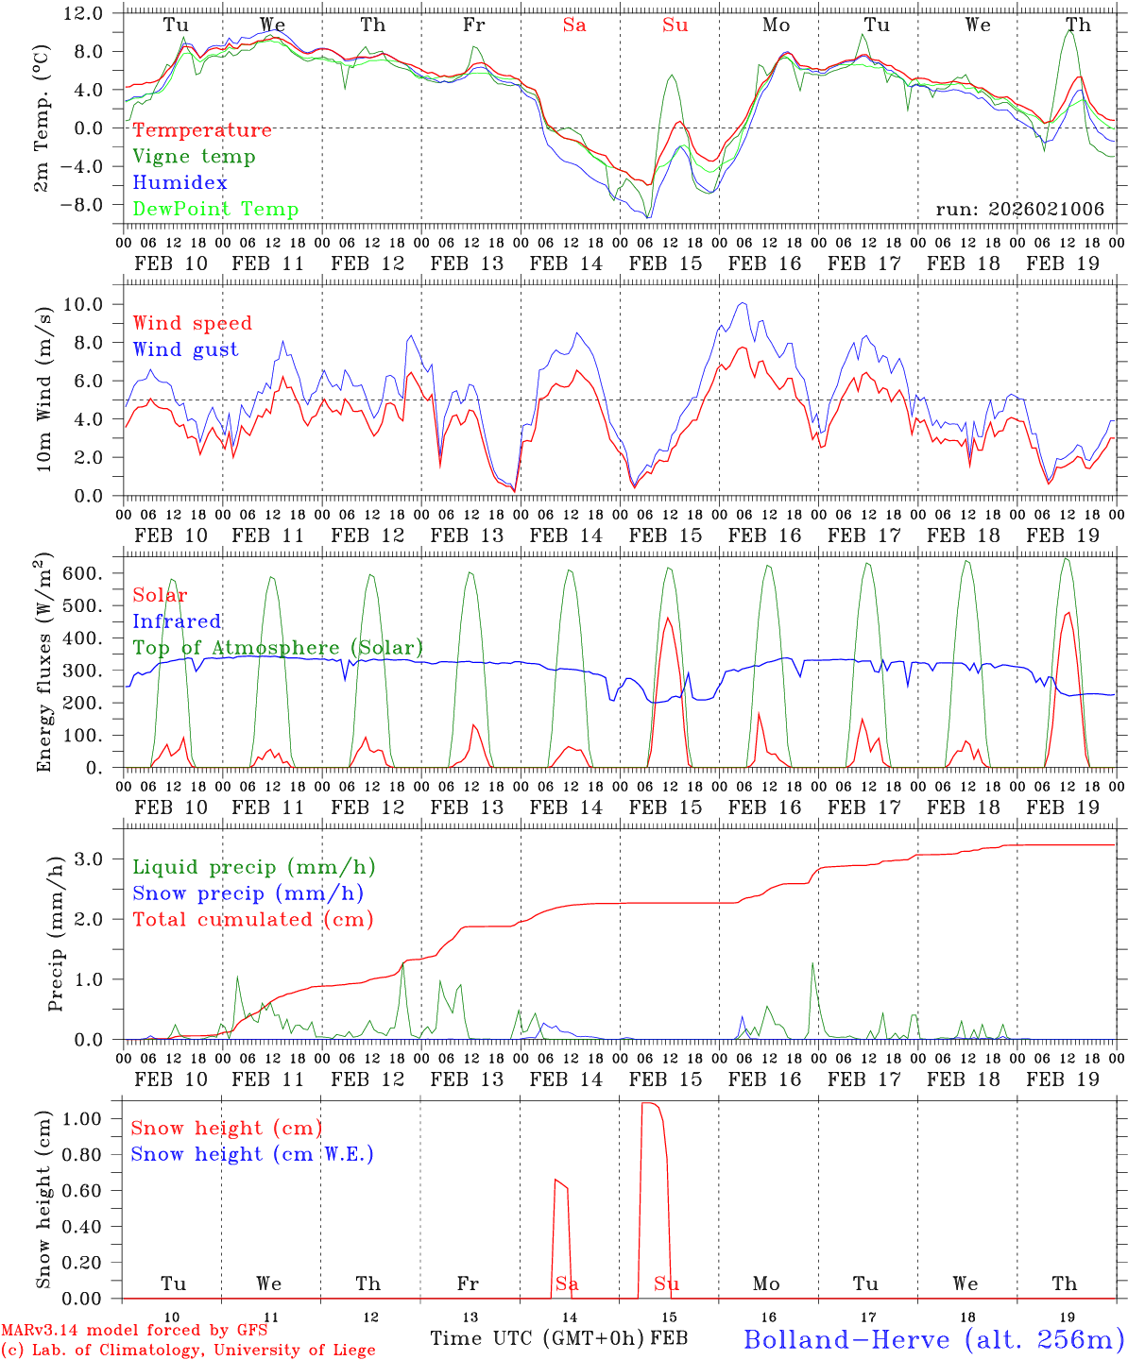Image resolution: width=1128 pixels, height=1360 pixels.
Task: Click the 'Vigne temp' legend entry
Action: (x=194, y=157)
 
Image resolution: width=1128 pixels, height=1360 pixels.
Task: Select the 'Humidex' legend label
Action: (x=180, y=183)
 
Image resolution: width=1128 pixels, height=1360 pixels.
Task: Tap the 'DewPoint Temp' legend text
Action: (x=215, y=210)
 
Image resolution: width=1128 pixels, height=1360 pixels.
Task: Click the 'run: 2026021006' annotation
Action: (x=1019, y=209)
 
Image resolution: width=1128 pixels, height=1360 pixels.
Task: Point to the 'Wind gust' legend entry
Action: (x=185, y=349)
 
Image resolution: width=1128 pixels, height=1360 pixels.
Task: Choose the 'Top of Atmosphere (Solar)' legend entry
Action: (x=278, y=648)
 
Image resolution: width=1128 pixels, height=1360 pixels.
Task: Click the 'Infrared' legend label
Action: (x=177, y=621)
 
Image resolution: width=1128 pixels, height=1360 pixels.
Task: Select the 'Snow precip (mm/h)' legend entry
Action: (x=248, y=893)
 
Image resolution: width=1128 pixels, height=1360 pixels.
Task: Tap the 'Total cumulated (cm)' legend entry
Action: (x=252, y=920)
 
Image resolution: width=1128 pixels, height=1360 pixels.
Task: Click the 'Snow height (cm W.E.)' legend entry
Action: (x=252, y=1154)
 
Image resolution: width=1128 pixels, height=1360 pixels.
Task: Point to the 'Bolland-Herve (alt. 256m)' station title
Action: (x=933, y=1338)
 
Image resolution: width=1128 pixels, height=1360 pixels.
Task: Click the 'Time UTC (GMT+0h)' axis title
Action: (x=538, y=1338)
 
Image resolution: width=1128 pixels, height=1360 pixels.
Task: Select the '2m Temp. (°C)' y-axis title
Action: (x=43, y=117)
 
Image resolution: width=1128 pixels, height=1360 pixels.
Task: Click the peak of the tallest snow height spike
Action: (x=649, y=1102)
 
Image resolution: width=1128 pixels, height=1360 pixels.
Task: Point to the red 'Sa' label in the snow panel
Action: (x=567, y=1283)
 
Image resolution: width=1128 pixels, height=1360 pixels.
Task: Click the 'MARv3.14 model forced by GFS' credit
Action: (x=134, y=1331)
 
